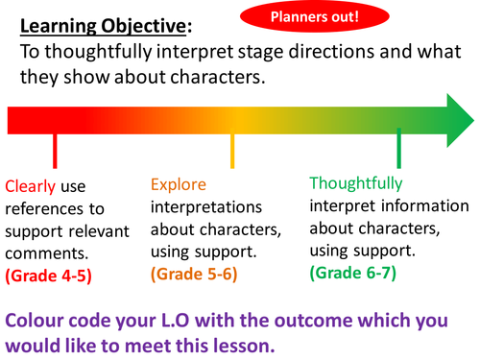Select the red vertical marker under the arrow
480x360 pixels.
click(55, 152)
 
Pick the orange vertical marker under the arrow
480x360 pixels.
click(232, 151)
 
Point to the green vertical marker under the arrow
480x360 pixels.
click(398, 149)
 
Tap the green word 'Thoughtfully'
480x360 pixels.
click(356, 182)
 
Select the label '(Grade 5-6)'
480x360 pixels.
click(194, 275)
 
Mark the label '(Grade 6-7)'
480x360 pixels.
click(352, 272)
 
